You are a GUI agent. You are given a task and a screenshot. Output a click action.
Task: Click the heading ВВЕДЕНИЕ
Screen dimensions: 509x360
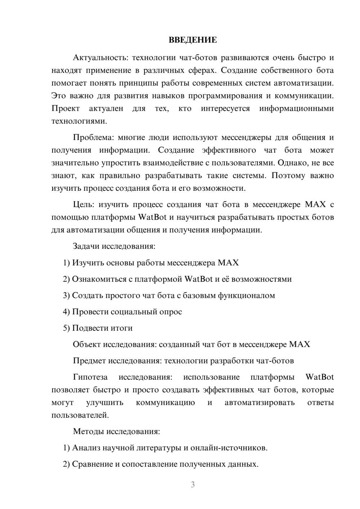pos(193,40)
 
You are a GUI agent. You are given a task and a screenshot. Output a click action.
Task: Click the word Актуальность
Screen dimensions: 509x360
pos(95,58)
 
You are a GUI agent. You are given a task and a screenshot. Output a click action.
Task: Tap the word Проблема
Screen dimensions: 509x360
pos(93,138)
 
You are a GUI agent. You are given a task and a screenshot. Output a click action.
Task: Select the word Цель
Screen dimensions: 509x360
pos(83,205)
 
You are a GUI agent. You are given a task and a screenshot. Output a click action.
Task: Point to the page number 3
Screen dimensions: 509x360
pos(193,485)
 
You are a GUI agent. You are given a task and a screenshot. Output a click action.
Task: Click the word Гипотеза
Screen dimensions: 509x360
pos(90,377)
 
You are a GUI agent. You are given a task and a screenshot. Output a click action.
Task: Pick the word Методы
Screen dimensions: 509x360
pos(87,432)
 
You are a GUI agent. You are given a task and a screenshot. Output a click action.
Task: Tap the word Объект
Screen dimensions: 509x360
pos(86,344)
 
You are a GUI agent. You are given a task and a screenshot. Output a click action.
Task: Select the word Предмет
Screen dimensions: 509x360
pos(89,361)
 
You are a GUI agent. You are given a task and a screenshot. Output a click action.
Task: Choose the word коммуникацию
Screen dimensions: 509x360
pos(165,403)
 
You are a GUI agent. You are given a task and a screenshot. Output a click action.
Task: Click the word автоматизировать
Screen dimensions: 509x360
pos(260,403)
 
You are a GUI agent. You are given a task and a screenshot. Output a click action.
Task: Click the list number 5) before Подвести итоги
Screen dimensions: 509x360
pos(66,328)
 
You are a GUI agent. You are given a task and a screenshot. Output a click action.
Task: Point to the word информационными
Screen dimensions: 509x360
pos(296,109)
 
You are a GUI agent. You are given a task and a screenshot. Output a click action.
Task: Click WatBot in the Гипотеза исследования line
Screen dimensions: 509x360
pos(319,377)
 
